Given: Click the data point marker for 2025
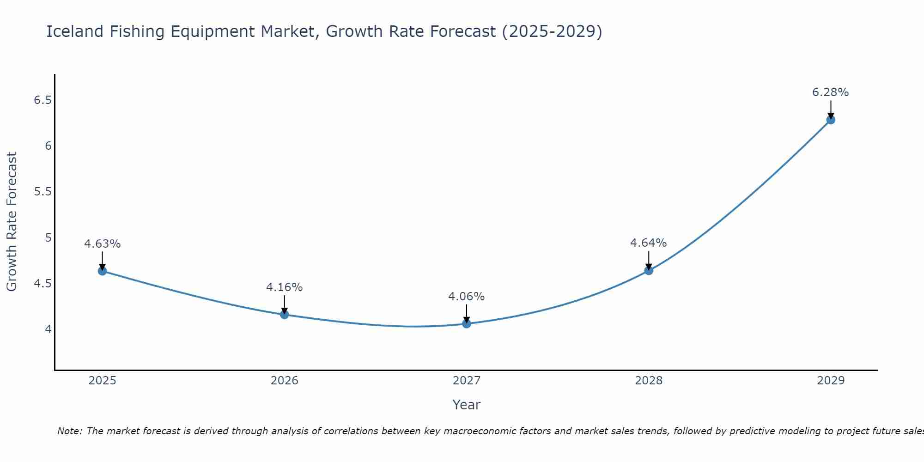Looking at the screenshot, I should point(102,271).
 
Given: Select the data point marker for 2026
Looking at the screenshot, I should point(284,315).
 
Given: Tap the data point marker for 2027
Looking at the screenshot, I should point(466,323).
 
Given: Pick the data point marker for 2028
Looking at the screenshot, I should point(648,270).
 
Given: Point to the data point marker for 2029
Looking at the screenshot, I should point(830,120).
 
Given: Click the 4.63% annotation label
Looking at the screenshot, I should point(102,243).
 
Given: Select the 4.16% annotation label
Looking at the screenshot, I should point(284,287).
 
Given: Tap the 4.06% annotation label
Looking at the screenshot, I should point(466,296).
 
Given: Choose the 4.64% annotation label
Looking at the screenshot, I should point(648,243).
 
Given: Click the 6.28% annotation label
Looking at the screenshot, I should point(830,92).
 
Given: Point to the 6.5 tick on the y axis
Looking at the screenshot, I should point(43,100).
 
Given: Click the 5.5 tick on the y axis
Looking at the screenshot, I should point(43,192).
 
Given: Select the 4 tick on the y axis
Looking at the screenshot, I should point(48,329).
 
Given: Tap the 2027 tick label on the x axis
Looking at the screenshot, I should point(466,380).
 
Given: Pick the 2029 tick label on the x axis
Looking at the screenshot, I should point(830,380).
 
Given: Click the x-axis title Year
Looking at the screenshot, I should point(466,405).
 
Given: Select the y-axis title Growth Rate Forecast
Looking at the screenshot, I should point(12,221).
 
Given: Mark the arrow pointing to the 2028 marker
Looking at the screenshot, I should point(648,260).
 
